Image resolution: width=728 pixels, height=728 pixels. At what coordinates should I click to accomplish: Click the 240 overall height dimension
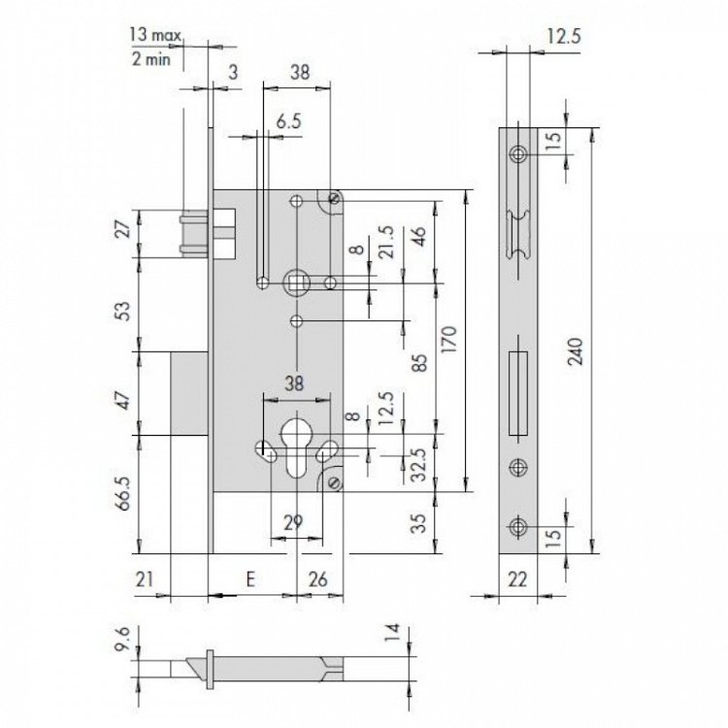click(576, 351)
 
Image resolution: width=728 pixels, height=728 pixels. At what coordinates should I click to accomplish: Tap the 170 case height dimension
click(449, 340)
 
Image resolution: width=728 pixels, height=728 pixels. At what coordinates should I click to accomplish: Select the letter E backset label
click(250, 579)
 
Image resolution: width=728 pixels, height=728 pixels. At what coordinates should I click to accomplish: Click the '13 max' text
click(155, 35)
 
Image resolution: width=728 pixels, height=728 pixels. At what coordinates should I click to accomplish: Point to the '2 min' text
click(151, 59)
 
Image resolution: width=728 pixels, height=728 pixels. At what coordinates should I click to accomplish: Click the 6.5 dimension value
click(289, 121)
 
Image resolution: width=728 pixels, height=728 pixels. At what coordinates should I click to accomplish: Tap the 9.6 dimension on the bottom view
click(121, 639)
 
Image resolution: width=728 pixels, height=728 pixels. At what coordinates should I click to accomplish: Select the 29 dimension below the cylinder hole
click(293, 522)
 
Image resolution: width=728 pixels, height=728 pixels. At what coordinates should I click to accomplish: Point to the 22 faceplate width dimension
click(517, 579)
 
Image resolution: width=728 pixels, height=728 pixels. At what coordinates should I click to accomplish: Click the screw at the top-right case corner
click(334, 198)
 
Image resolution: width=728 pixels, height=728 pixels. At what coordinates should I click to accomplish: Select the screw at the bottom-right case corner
click(333, 483)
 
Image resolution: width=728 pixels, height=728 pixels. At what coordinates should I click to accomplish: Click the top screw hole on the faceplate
click(517, 153)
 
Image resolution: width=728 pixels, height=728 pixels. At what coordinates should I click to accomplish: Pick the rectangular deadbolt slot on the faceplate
click(518, 394)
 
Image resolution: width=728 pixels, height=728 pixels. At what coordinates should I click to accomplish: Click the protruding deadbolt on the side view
click(189, 394)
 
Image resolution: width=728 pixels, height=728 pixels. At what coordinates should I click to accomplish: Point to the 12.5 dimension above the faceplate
click(564, 36)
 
